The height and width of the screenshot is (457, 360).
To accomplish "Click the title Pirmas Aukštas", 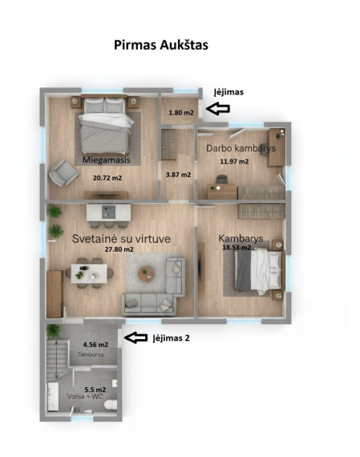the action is pyautogui.click(x=161, y=45).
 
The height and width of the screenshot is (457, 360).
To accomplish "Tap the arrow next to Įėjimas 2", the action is pyautogui.click(x=136, y=338).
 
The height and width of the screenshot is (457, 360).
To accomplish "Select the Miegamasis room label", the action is pyautogui.click(x=107, y=160).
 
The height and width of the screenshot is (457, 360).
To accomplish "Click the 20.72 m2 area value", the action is pyautogui.click(x=107, y=178).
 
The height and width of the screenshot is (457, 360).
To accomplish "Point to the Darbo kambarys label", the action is pyautogui.click(x=241, y=148).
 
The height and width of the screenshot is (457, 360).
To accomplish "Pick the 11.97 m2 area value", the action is pyautogui.click(x=234, y=161).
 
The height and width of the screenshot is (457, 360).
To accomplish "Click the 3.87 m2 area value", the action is pyautogui.click(x=179, y=175).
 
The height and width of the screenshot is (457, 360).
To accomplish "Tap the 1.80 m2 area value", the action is pyautogui.click(x=181, y=112).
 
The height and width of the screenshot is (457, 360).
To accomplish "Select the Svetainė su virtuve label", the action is pyautogui.click(x=121, y=239).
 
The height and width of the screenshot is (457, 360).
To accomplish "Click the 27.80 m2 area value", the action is pyautogui.click(x=119, y=249).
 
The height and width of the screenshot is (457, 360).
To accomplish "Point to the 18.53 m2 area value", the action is pyautogui.click(x=237, y=248).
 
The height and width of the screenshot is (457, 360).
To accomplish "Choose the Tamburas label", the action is pyautogui.click(x=91, y=354).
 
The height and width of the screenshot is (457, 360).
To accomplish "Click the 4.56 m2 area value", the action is pyautogui.click(x=95, y=345).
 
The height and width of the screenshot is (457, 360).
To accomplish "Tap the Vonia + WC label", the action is pyautogui.click(x=85, y=396).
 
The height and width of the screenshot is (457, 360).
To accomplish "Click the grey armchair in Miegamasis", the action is pyautogui.click(x=63, y=173).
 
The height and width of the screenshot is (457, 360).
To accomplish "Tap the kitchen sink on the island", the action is pyautogui.click(x=109, y=212).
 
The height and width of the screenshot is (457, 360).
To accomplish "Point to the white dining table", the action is pyautogui.click(x=89, y=273).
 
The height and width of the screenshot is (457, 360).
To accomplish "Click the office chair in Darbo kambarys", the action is pyautogui.click(x=221, y=179).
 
